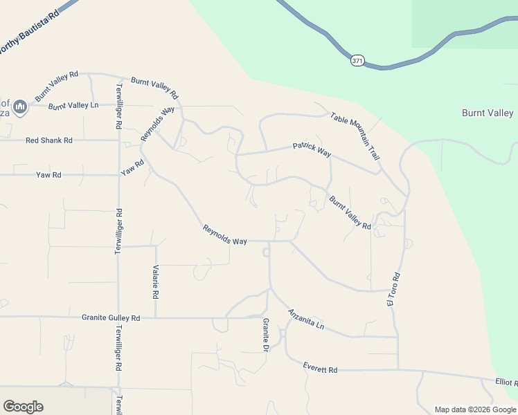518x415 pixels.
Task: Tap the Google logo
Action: [x=23, y=407]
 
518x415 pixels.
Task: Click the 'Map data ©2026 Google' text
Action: [x=474, y=409]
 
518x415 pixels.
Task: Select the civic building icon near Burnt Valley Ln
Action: [x=19, y=106]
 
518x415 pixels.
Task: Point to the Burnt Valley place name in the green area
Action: [x=488, y=113]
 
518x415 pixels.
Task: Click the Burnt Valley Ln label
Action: [x=73, y=105]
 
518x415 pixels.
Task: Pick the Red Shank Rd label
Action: [x=49, y=140]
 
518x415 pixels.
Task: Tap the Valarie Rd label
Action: [x=157, y=282]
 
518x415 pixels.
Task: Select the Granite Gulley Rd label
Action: [x=111, y=318]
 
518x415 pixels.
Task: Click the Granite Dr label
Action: [x=265, y=335]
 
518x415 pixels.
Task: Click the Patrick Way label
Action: [x=312, y=148]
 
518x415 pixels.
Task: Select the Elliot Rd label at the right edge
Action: [x=506, y=382]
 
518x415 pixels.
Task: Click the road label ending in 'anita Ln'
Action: [x=306, y=318]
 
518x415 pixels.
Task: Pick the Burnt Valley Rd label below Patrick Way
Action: [x=350, y=212]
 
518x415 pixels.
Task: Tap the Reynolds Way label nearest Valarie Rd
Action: [x=225, y=235]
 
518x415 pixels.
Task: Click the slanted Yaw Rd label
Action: [x=132, y=167]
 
